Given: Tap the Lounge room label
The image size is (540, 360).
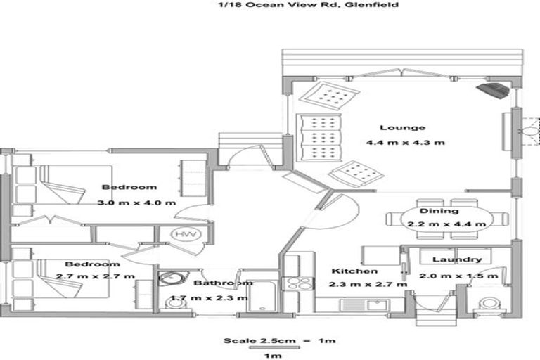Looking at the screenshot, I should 403,128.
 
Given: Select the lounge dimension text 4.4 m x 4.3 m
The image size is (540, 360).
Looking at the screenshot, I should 405,143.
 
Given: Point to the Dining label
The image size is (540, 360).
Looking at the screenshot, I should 439,210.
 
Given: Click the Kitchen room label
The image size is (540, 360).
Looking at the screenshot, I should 356,271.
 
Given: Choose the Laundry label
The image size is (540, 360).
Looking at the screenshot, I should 456,260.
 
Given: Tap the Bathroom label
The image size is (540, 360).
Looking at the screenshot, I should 223,283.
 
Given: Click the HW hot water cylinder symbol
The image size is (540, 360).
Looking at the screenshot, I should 184,234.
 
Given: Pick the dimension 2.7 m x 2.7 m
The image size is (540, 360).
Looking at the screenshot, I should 105,276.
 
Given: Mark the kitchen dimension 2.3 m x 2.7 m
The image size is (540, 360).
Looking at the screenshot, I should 367,285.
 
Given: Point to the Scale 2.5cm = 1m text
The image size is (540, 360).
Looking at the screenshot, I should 279,342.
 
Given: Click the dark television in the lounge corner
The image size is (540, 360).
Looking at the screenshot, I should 494,90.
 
